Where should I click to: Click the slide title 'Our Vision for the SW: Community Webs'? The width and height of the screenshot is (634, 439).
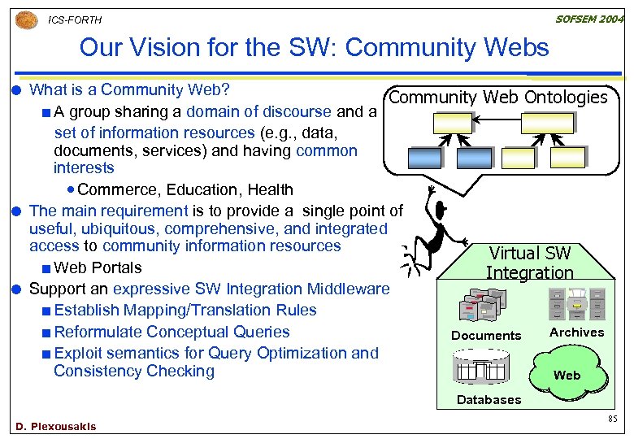[314, 48]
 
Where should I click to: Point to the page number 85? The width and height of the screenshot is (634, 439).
[612, 419]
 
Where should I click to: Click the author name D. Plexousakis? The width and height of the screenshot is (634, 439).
[55, 426]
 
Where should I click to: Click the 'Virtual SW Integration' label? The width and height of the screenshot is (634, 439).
[530, 263]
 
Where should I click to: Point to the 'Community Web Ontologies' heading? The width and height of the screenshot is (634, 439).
[498, 98]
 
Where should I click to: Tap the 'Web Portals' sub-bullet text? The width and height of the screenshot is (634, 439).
[97, 267]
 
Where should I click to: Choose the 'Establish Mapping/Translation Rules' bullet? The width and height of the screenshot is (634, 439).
[185, 310]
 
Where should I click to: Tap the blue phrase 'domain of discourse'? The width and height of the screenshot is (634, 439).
[258, 111]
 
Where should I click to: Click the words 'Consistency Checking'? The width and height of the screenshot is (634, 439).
[133, 372]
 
